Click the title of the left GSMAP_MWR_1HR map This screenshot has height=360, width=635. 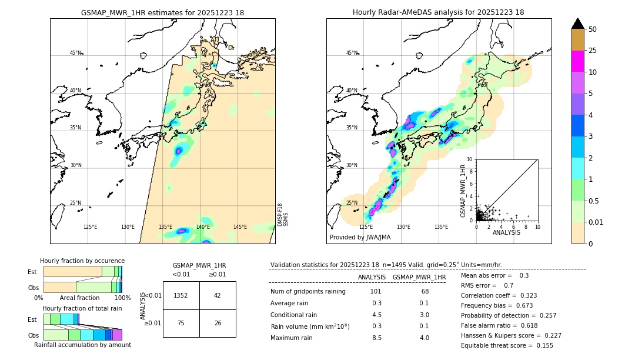(x=162, y=12)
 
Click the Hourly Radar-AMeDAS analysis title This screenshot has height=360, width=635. (x=438, y=12)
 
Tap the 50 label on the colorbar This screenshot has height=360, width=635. (x=593, y=29)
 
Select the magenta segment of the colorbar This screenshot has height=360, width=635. (x=577, y=61)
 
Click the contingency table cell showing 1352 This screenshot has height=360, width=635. (x=181, y=295)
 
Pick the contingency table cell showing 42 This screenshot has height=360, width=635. (x=218, y=295)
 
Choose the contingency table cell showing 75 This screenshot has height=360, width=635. (x=181, y=323)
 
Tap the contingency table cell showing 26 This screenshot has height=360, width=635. (x=218, y=323)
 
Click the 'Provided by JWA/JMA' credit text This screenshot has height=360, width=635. (x=360, y=237)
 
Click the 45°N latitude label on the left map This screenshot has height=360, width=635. (x=75, y=53)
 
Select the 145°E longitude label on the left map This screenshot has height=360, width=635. (x=240, y=227)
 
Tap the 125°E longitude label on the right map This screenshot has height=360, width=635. (x=366, y=227)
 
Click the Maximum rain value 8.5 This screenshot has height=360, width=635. (x=376, y=338)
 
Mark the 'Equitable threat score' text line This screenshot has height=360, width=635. (x=507, y=346)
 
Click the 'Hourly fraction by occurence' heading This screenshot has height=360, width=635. (x=82, y=261)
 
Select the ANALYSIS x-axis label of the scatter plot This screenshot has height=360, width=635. (x=506, y=232)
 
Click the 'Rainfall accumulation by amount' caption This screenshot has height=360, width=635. (x=82, y=345)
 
